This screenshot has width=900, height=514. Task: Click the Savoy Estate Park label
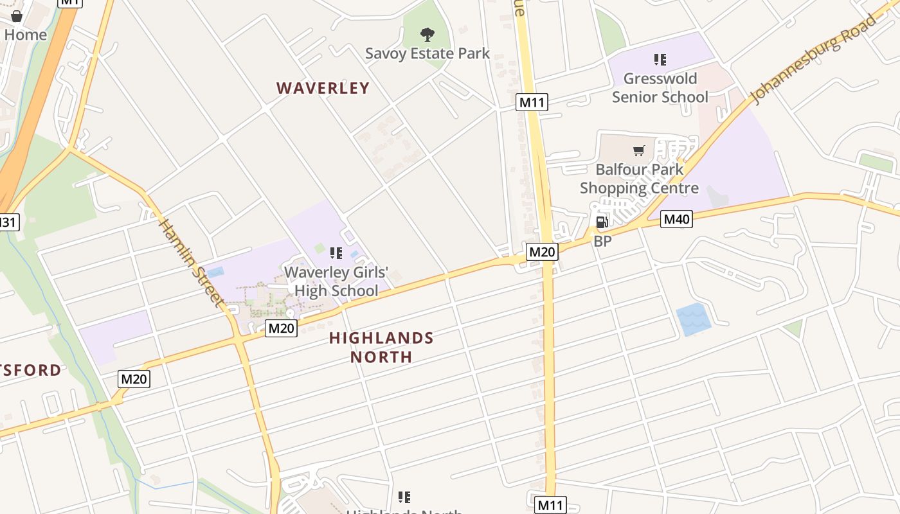[428, 53]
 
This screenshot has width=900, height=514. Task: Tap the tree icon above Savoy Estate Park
[428, 34]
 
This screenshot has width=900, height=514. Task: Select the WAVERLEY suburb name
[323, 88]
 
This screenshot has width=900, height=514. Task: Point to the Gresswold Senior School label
[660, 88]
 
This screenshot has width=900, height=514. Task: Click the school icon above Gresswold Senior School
[660, 60]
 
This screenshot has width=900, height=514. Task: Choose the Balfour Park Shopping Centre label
[639, 179]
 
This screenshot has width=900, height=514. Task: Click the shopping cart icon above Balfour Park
[639, 151]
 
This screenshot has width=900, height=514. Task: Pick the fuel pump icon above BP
[602, 222]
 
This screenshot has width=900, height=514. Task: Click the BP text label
[602, 242]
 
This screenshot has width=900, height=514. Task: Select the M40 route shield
[676, 220]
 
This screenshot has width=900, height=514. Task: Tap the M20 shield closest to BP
[541, 252]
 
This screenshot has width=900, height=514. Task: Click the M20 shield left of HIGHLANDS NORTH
[281, 328]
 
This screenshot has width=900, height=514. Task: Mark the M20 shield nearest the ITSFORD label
[134, 379]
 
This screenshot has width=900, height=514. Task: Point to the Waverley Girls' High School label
[336, 281]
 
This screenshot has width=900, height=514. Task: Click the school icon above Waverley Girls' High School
[336, 253]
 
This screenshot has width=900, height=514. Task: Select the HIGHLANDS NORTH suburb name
[381, 347]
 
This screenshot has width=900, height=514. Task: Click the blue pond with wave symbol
[693, 319]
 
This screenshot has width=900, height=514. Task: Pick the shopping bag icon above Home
[17, 16]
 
